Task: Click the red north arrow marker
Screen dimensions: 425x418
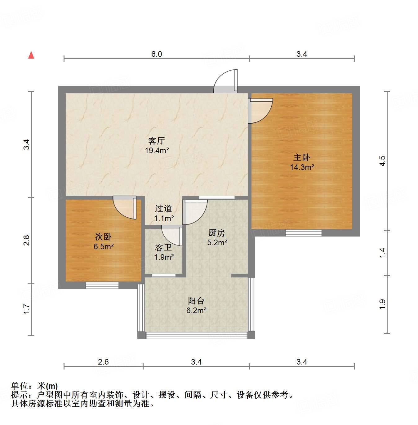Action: (x=31, y=55)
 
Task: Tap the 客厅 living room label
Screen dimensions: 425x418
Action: (x=157, y=141)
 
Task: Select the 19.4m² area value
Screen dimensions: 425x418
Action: (x=157, y=151)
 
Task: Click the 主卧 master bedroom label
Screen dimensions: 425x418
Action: (x=302, y=157)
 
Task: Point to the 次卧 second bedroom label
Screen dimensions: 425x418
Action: (x=103, y=237)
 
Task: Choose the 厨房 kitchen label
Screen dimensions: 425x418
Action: (x=217, y=233)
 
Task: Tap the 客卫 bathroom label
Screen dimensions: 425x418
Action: (x=163, y=247)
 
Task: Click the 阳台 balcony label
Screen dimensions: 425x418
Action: (x=196, y=301)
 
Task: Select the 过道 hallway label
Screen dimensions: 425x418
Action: (x=163, y=208)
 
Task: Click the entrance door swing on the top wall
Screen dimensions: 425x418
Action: (x=226, y=81)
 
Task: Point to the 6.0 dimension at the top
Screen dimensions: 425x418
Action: (x=157, y=54)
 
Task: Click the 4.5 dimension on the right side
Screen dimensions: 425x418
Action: (x=382, y=161)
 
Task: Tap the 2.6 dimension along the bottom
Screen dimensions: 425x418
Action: (x=103, y=362)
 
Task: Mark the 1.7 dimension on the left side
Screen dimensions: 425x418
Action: (x=27, y=309)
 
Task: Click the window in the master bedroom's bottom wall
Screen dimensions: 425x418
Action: (x=303, y=232)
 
